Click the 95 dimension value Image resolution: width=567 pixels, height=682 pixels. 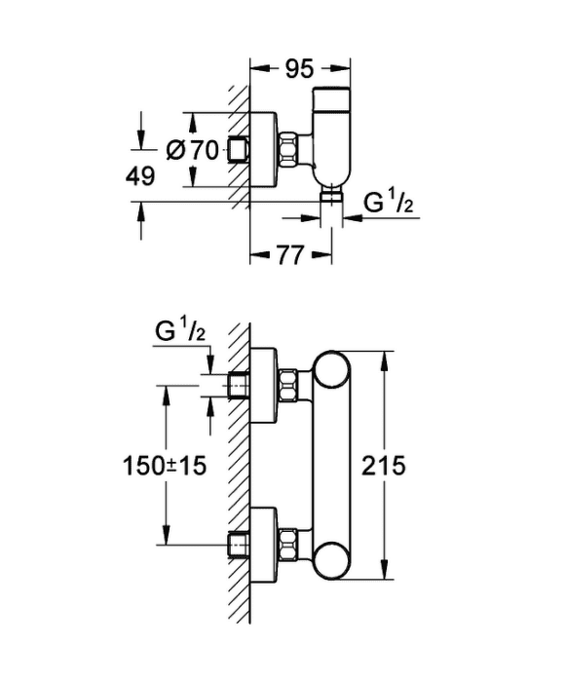pos(299,69)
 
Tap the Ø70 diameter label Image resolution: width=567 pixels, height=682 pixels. pos(192,150)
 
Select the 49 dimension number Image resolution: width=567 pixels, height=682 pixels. pos(140,176)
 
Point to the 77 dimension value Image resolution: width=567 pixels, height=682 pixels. pos(289,255)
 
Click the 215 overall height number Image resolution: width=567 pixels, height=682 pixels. pos(384,466)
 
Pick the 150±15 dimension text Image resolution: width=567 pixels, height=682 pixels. pos(165,466)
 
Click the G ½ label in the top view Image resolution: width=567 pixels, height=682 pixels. pos(389,202)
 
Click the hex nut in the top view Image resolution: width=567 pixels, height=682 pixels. pos(287,150)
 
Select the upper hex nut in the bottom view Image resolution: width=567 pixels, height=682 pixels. pos(287,385)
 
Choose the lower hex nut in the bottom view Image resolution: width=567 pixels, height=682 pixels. pos(287,544)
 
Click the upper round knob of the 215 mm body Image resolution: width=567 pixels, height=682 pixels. pos(332,369)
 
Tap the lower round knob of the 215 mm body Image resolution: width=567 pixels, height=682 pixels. pos(332,561)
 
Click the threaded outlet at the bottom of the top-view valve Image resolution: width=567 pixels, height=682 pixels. pos(332,196)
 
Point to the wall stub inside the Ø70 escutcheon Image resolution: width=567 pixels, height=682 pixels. pos(239,150)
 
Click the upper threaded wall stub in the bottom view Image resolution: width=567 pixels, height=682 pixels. pos(239,386)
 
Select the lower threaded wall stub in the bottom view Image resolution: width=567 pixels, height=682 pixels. pos(239,545)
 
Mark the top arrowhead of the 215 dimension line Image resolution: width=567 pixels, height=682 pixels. pos(385,361)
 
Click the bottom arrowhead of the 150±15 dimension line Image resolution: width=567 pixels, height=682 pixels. pos(166,535)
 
